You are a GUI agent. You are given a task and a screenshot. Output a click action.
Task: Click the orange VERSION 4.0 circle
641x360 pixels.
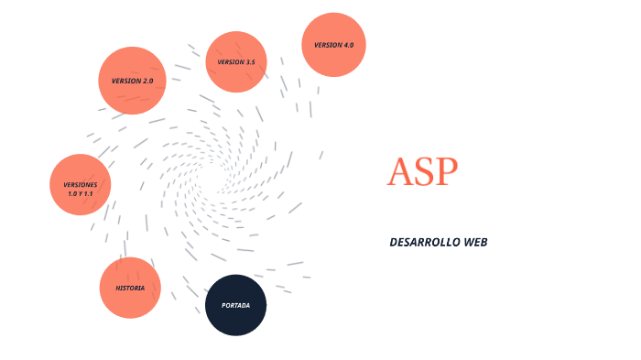point(334,45)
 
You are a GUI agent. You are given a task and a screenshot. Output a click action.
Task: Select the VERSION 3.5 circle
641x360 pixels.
point(236,62)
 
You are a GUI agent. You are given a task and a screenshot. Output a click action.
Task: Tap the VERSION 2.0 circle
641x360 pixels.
point(132,81)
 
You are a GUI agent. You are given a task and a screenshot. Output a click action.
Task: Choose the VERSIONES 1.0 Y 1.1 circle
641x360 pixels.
point(80,185)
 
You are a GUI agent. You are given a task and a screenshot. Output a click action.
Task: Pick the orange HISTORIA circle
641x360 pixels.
point(130,288)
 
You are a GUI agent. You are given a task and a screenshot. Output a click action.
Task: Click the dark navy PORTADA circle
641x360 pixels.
point(235,305)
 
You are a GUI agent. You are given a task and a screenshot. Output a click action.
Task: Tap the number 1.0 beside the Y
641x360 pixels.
point(72,194)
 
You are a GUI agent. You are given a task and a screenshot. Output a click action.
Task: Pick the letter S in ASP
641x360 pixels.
point(424,171)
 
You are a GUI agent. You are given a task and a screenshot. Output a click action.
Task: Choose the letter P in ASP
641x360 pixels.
point(446,171)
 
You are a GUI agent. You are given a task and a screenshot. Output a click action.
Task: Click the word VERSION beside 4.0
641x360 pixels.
point(328,45)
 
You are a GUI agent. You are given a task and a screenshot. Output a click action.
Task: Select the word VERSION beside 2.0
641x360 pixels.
point(125,81)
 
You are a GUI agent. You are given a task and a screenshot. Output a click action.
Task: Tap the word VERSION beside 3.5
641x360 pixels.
point(229,62)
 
